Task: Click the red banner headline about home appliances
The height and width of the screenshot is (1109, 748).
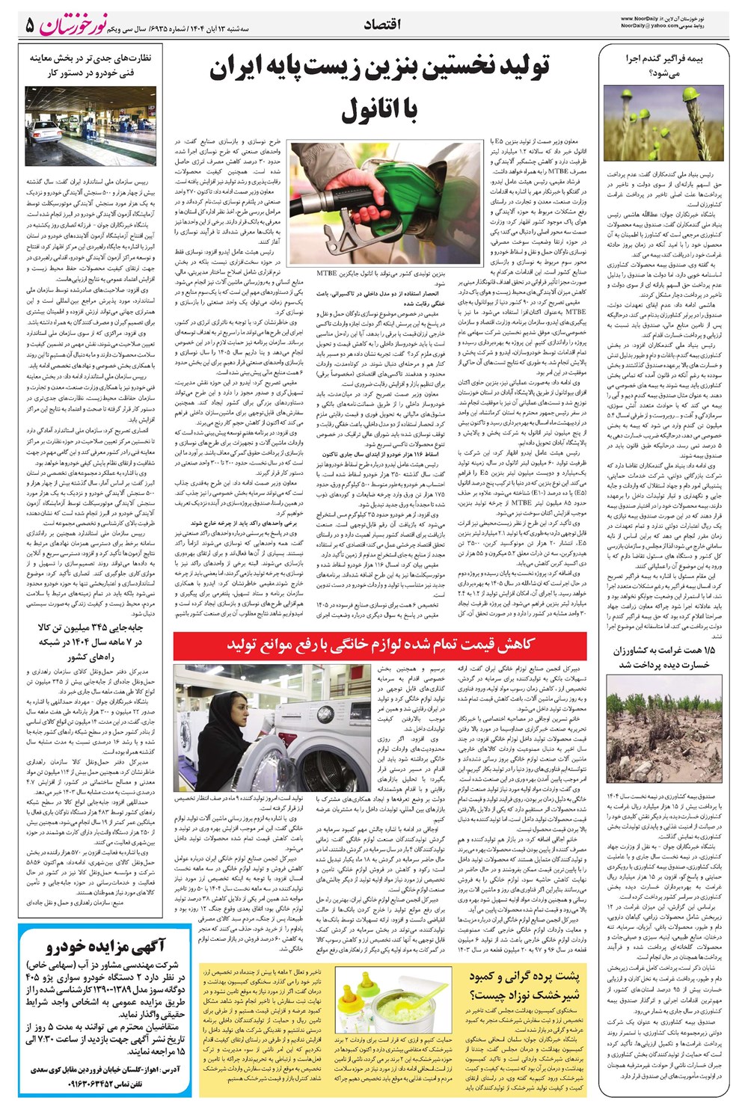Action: tap(380, 644)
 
